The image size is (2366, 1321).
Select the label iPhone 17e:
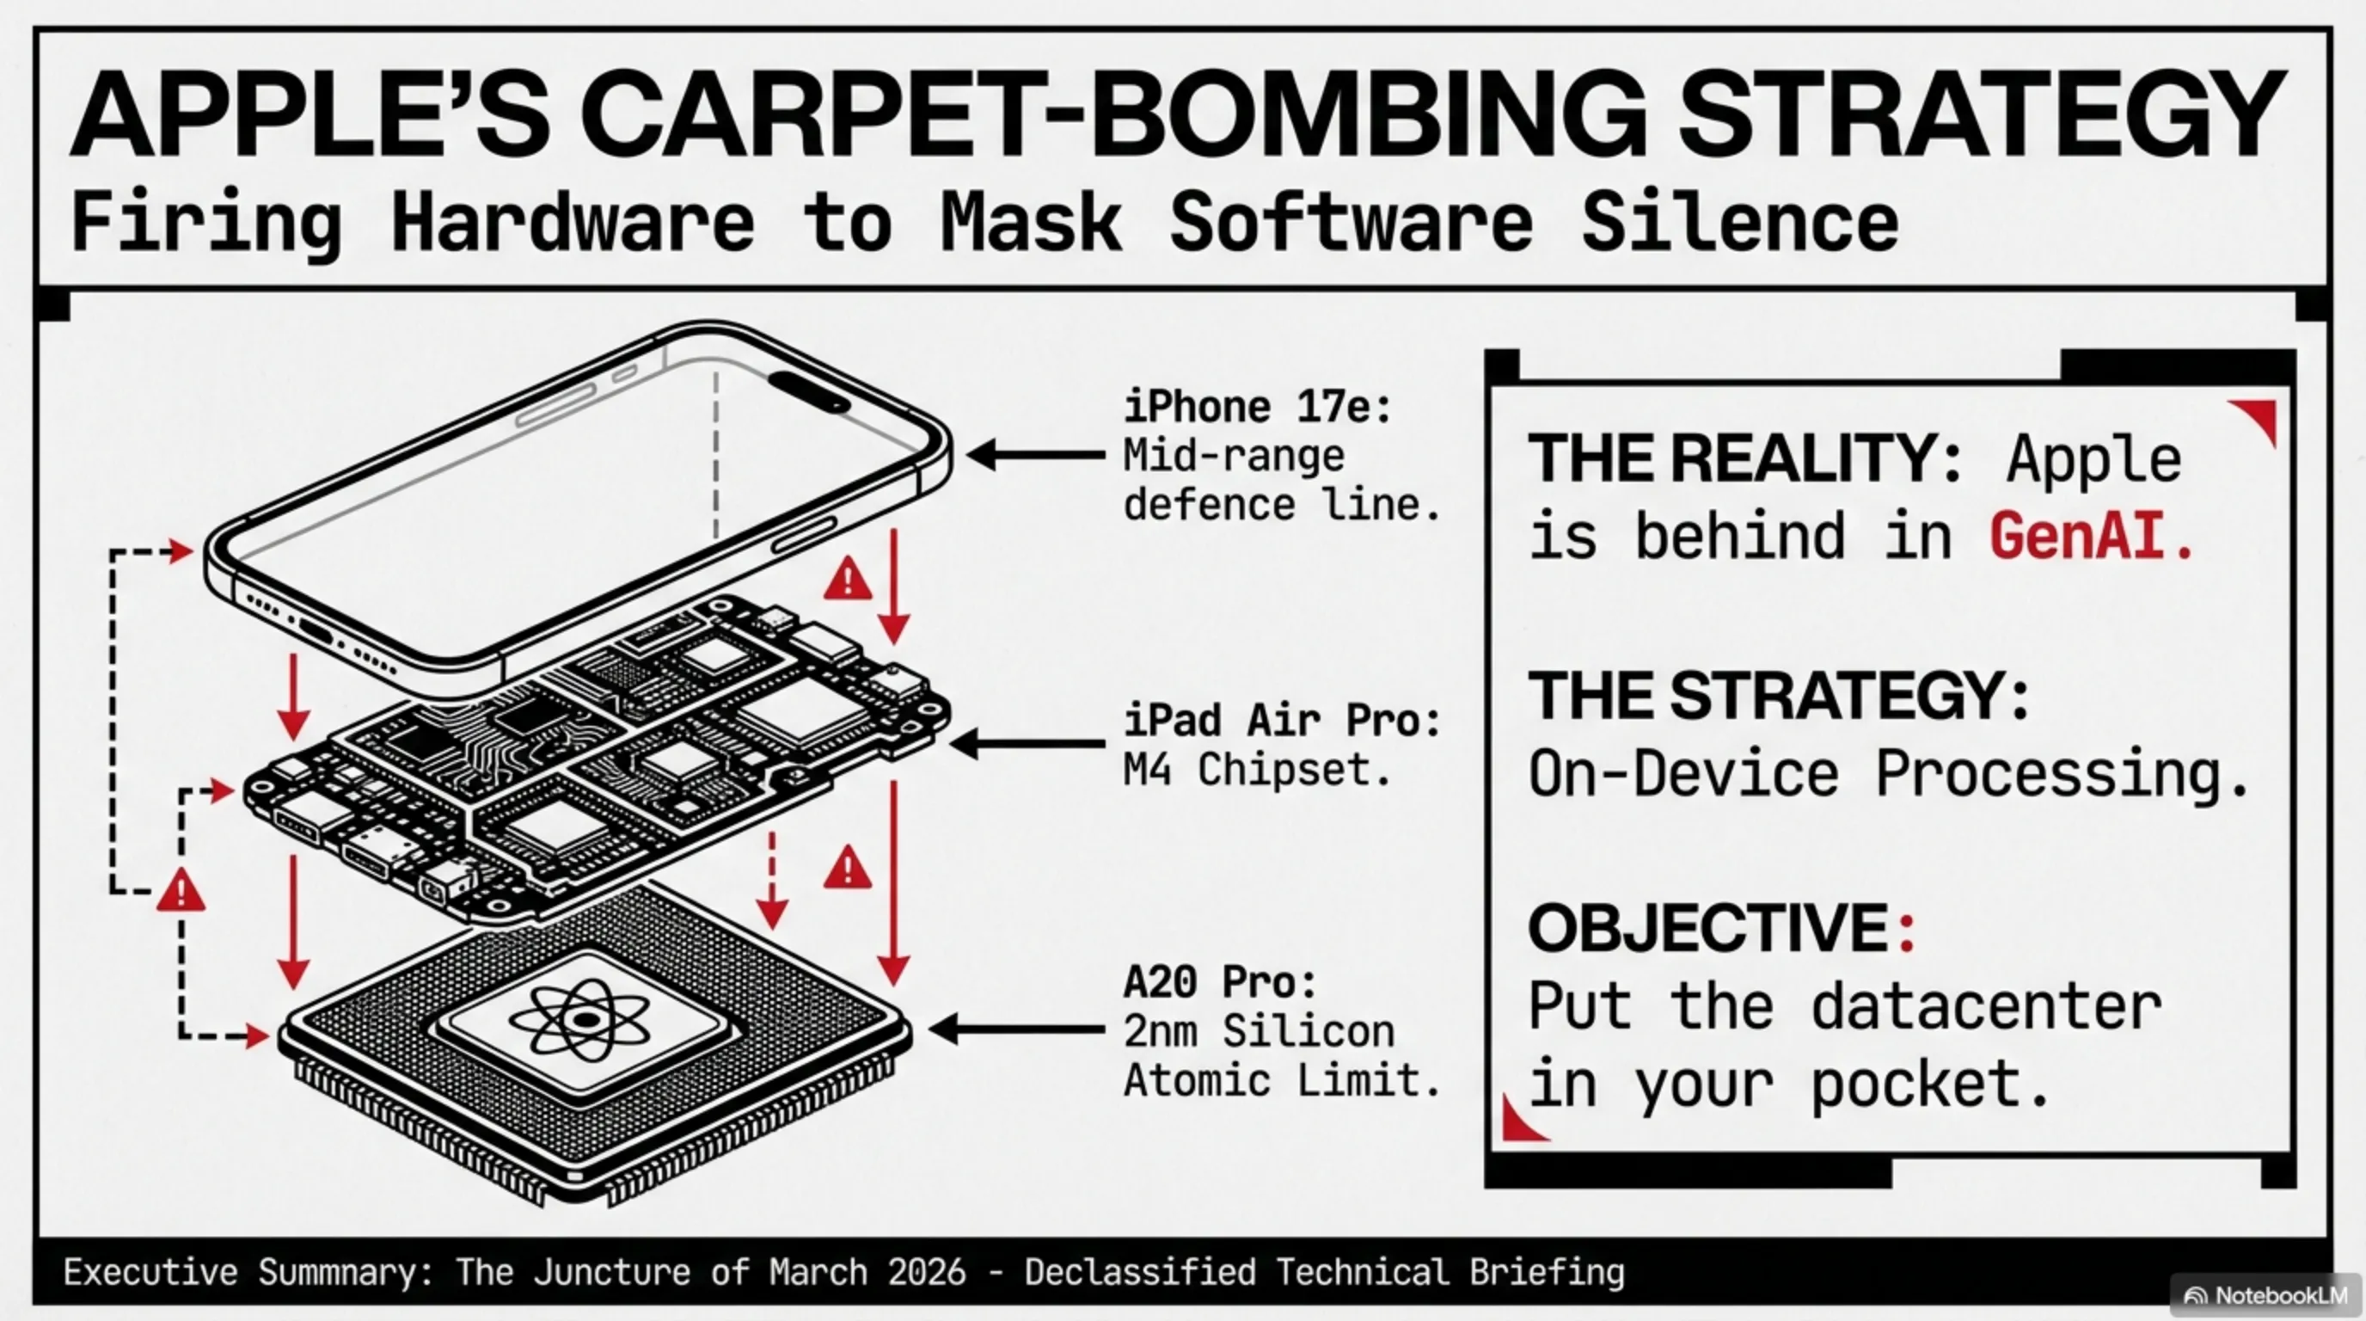tap(1256, 407)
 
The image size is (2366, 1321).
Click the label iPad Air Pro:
tap(1281, 721)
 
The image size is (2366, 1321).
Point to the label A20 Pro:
tap(1220, 983)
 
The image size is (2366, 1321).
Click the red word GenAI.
tap(2089, 538)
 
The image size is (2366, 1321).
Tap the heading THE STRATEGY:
tap(1777, 696)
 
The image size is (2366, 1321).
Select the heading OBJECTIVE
tap(1708, 929)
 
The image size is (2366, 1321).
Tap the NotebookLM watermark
tap(2269, 1295)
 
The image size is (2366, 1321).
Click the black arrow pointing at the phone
tap(1035, 455)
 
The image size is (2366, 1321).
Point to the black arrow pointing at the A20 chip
tap(1017, 1029)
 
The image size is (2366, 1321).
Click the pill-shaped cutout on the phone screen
tap(808, 390)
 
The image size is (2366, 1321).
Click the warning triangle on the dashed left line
tap(181, 892)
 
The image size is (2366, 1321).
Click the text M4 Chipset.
tap(1256, 770)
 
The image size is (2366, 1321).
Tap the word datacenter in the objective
tap(1987, 1008)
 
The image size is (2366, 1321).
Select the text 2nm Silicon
tap(1259, 1032)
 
